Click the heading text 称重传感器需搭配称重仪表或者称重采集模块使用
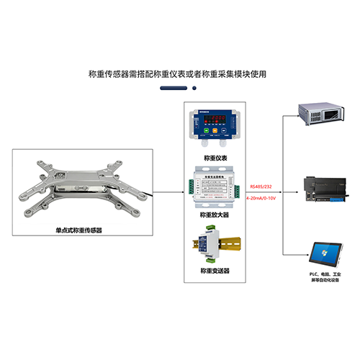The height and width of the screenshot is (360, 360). (x=180, y=73)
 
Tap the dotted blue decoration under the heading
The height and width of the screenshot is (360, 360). (x=180, y=89)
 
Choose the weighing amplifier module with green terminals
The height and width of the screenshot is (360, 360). (x=213, y=185)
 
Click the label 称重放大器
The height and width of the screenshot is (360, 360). (x=214, y=214)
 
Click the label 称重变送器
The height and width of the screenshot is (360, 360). (x=214, y=271)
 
